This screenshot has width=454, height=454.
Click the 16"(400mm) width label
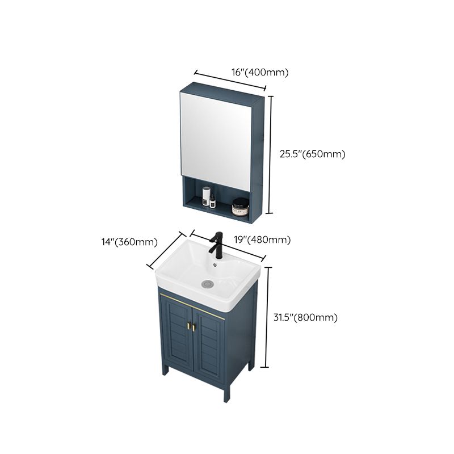pyautogui.click(x=260, y=72)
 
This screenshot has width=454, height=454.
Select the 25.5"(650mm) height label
pyautogui.click(x=312, y=153)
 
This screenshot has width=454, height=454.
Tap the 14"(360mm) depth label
pyautogui.click(x=125, y=242)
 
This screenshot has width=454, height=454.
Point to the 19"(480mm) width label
pyautogui.click(x=263, y=240)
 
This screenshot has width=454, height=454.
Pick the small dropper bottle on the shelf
pyautogui.click(x=212, y=200)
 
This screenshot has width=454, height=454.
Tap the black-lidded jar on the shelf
pyautogui.click(x=241, y=207)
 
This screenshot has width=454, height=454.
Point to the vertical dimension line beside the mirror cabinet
pyautogui.click(x=270, y=153)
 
